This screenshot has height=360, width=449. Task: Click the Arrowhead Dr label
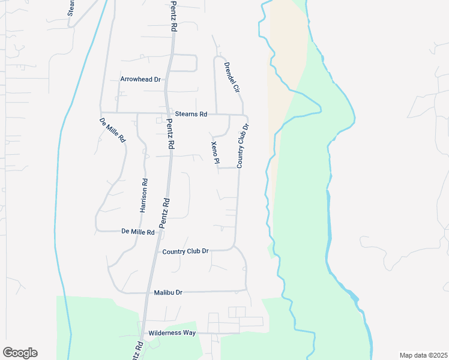[x=141, y=79]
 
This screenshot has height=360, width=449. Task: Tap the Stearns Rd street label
[x=191, y=113]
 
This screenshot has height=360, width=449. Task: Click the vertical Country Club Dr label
[x=243, y=146]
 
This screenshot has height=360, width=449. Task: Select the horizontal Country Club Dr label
[x=185, y=251]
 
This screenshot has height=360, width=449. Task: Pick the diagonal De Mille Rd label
[x=112, y=130]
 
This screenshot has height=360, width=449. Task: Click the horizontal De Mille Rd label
[x=138, y=231]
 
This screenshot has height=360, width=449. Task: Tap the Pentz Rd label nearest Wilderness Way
[x=139, y=350]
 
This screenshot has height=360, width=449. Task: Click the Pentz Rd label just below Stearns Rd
[x=170, y=134]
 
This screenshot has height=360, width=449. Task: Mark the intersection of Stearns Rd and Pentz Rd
[x=167, y=113]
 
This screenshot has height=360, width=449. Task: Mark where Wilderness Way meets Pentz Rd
[x=143, y=332]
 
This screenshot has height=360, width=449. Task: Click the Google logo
[x=20, y=353]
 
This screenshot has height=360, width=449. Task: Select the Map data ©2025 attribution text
[x=423, y=355]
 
